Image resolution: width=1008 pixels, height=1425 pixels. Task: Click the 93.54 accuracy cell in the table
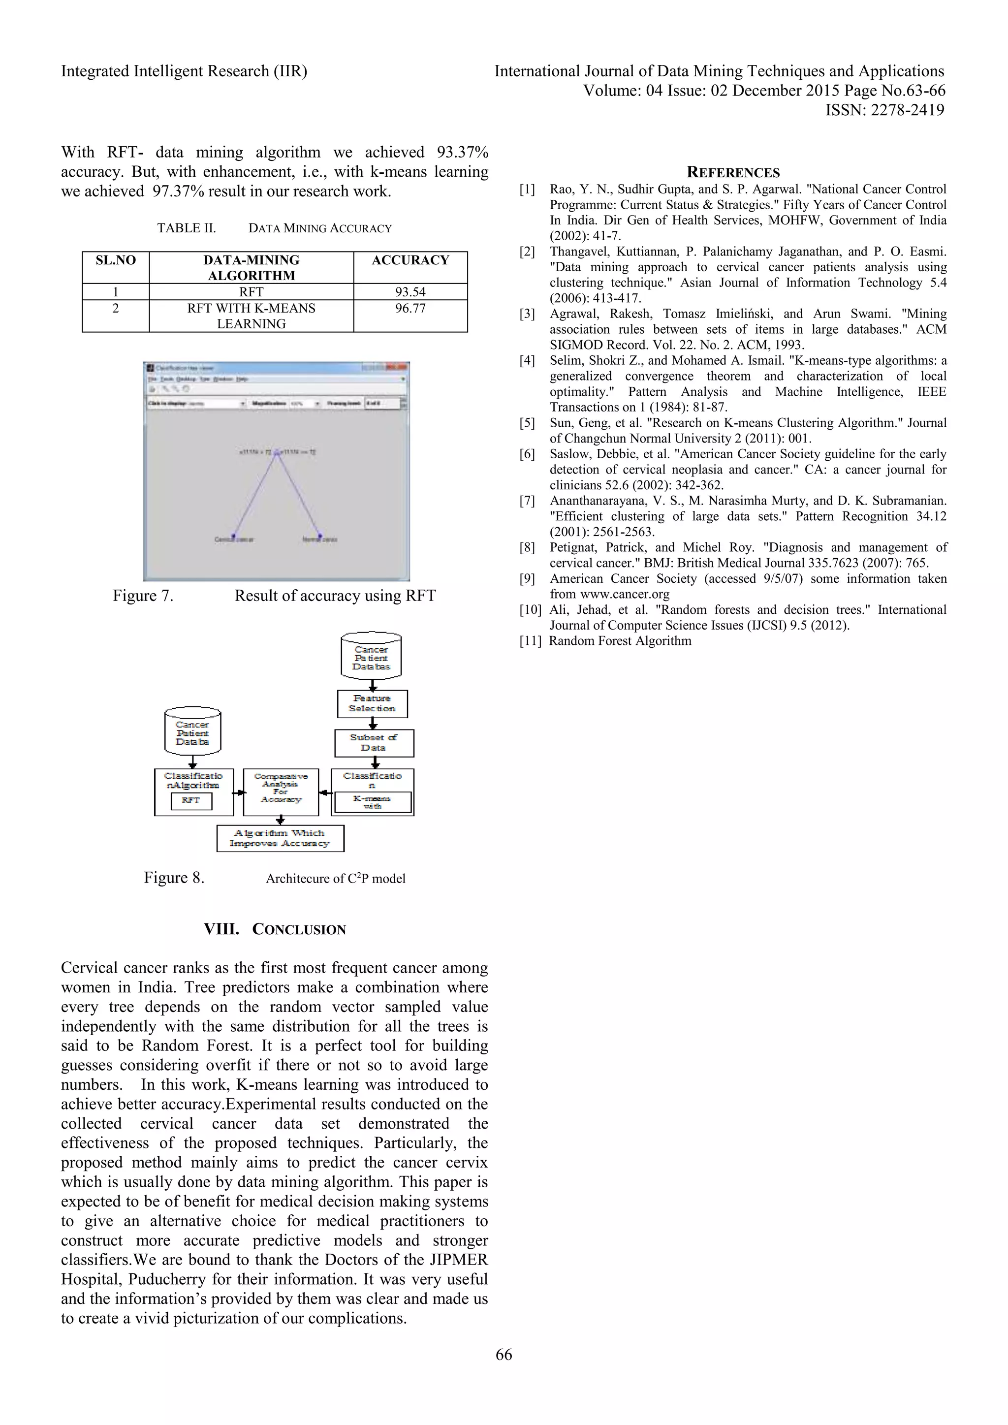coord(410,292)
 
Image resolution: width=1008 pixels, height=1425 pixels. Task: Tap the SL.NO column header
coord(116,260)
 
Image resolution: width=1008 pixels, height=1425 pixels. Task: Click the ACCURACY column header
coord(410,260)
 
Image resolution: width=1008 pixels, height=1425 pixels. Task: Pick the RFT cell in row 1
coord(252,292)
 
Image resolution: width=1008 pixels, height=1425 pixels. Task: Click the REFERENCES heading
coord(733,173)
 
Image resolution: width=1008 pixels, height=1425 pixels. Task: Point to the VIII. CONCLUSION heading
coord(275,929)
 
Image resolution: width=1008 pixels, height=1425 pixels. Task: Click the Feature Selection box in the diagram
coord(373,703)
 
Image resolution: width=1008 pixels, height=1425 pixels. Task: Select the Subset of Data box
coord(374,743)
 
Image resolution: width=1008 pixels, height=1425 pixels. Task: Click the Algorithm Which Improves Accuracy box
coord(280,838)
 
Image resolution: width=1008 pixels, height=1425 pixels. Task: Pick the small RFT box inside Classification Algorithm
coord(191,801)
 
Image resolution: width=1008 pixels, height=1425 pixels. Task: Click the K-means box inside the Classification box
coord(373,802)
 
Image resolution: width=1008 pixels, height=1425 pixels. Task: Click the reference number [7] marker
coord(527,501)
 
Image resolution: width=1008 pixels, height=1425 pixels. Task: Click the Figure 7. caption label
coord(143,596)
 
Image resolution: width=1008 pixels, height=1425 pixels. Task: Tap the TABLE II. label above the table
coord(186,228)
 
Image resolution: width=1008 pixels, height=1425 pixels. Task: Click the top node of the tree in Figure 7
coord(277,452)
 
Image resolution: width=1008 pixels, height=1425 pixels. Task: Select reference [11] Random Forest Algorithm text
coord(620,641)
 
